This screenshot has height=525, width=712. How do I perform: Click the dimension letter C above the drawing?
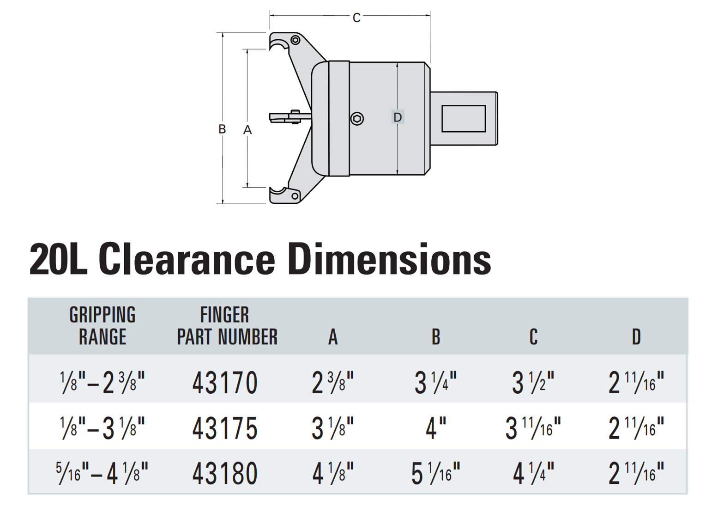pyautogui.click(x=356, y=18)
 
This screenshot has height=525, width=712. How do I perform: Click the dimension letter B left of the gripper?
pyautogui.click(x=222, y=129)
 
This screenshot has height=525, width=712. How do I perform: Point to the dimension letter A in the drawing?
pyautogui.click(x=247, y=129)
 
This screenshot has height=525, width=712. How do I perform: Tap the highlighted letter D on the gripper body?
pyautogui.click(x=398, y=117)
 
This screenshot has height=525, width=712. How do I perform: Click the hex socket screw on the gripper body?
pyautogui.click(x=357, y=119)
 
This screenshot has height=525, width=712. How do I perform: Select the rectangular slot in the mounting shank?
pyautogui.click(x=464, y=119)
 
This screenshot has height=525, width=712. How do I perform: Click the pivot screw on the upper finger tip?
pyautogui.click(x=296, y=40)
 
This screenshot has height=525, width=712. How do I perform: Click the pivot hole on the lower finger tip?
pyautogui.click(x=295, y=195)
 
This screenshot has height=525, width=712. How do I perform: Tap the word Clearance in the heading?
pyautogui.click(x=187, y=259)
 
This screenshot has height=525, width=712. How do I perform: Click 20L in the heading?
pyautogui.click(x=59, y=259)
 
